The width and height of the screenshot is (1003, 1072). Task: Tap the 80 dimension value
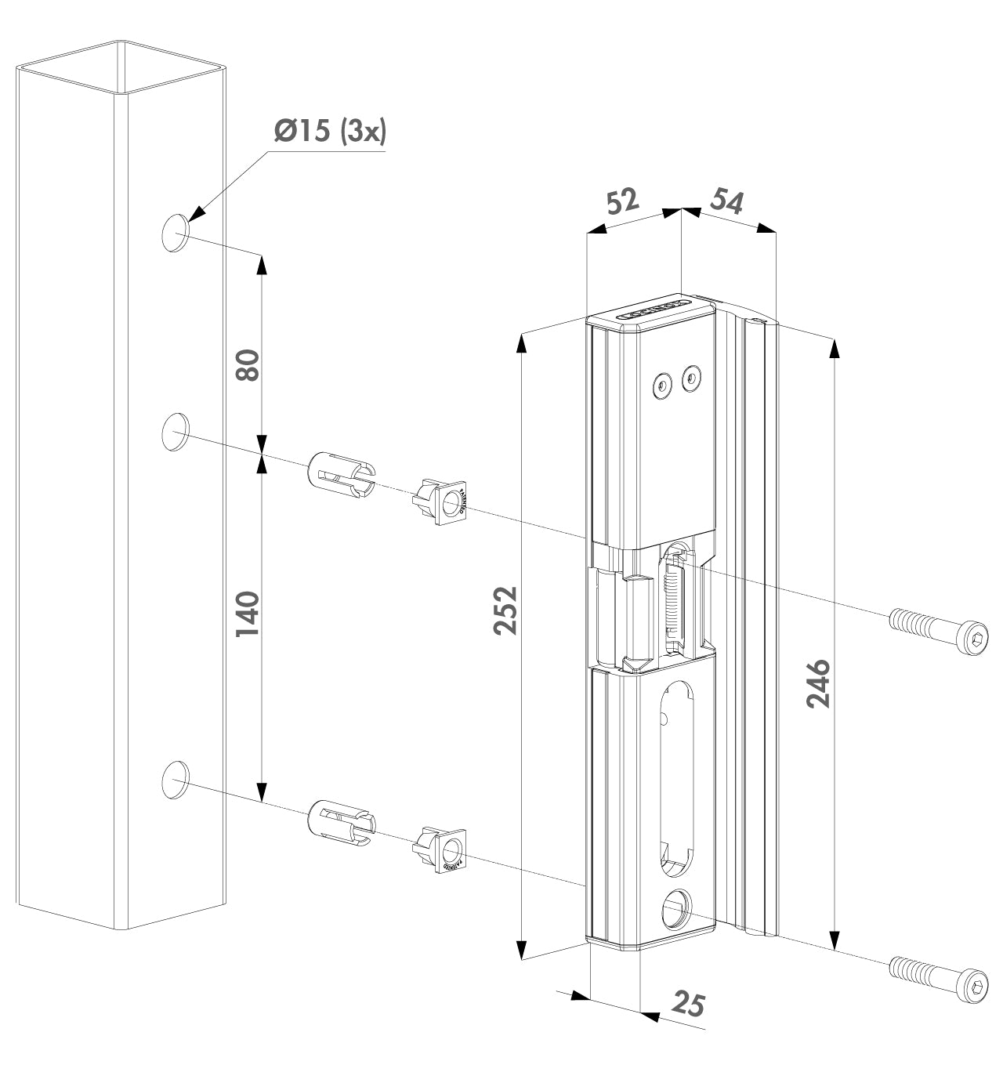pyautogui.click(x=248, y=364)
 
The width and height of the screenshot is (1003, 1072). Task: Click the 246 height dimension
pyautogui.click(x=818, y=684)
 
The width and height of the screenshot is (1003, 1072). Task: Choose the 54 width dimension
pyautogui.click(x=726, y=201)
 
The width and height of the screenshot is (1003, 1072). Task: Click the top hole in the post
pyautogui.click(x=176, y=232)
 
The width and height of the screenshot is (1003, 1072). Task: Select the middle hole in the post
pyautogui.click(x=176, y=431)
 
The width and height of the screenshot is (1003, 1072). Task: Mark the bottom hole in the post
pyautogui.click(x=176, y=779)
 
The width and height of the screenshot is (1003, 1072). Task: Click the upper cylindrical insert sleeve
pyautogui.click(x=342, y=474)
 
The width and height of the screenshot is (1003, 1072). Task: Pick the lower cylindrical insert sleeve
pyautogui.click(x=342, y=824)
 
